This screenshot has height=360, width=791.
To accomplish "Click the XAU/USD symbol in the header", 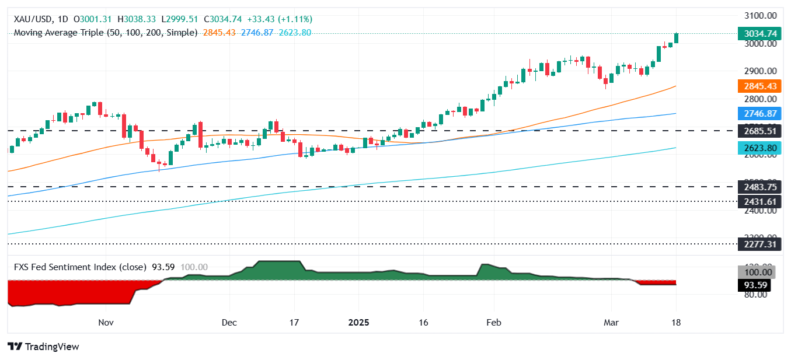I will [33, 19].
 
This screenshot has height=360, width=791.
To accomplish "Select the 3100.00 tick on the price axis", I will [759, 16].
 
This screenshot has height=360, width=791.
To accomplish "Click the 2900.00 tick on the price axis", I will [759, 71].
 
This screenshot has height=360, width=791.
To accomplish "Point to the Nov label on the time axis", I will [106, 322].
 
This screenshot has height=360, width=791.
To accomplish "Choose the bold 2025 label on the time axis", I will [360, 322].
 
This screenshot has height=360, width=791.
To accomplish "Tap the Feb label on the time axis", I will [494, 322].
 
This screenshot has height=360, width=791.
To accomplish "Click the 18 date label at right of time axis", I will [676, 322].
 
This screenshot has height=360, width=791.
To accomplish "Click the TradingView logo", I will [44, 347].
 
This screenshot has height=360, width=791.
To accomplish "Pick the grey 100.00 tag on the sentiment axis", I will [757, 272].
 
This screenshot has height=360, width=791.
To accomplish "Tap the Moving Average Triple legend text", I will [105, 33].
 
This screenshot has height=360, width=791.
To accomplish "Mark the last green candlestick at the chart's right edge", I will [677, 38].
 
